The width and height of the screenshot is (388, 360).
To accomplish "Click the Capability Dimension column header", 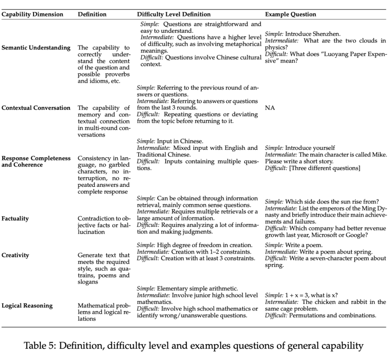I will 32,15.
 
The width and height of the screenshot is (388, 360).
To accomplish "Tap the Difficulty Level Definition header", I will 174,15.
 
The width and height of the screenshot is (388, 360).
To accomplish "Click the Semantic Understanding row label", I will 36,48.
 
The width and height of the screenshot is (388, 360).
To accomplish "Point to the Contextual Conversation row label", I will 36,108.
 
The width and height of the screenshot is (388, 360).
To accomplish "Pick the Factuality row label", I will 15,218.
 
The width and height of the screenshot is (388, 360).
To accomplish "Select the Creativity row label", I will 15,255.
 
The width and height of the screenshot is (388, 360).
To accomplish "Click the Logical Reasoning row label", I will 27,306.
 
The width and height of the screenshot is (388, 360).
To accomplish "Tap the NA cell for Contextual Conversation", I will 270,108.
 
